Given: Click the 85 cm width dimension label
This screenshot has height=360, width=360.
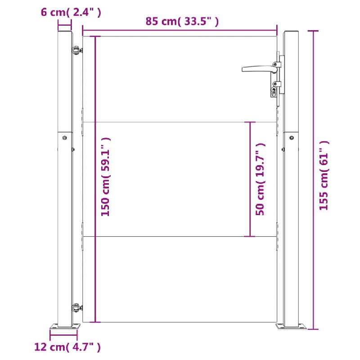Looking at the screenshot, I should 182,21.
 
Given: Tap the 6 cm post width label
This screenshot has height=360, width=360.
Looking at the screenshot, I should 71,12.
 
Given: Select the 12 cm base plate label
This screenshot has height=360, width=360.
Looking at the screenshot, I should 67,346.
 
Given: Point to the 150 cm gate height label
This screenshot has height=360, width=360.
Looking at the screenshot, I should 106,177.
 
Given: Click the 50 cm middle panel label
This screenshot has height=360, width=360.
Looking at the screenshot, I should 260,179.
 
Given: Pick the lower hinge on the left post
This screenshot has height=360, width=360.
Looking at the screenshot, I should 77,309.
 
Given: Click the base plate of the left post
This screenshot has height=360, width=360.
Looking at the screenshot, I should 64,326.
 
